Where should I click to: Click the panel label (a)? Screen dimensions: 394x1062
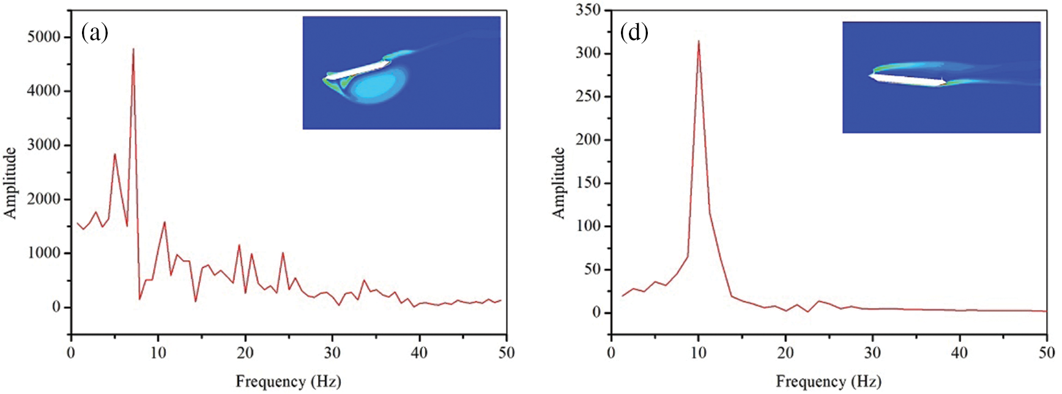pos(95,32)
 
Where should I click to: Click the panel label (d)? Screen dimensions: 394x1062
pos(634,32)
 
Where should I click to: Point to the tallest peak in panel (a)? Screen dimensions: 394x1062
pos(133,50)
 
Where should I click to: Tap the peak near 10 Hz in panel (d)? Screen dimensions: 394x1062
pos(699,42)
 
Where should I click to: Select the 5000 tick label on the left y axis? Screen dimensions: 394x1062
pos(44,37)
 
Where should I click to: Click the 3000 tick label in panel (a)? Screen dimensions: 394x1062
pos(44,145)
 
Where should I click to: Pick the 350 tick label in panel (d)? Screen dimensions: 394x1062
pos(589,10)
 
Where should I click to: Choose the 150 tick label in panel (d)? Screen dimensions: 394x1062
pos(589,183)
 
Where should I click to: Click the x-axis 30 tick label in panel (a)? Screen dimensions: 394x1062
pos(332,353)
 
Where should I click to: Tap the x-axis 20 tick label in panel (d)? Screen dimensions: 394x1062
pos(785,353)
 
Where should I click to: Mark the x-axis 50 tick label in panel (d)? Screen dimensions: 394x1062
pos(1047,353)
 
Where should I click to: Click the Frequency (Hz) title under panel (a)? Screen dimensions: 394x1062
pos(288,382)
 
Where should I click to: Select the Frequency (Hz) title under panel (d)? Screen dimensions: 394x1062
pos(828,382)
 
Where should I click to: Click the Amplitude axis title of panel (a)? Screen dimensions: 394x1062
pos(10,182)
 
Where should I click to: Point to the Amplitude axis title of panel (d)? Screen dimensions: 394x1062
pos(559,182)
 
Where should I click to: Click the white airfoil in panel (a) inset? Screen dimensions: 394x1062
pos(358,69)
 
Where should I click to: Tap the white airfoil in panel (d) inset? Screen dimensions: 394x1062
pos(907,79)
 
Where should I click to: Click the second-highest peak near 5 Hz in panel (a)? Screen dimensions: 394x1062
pos(114,154)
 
